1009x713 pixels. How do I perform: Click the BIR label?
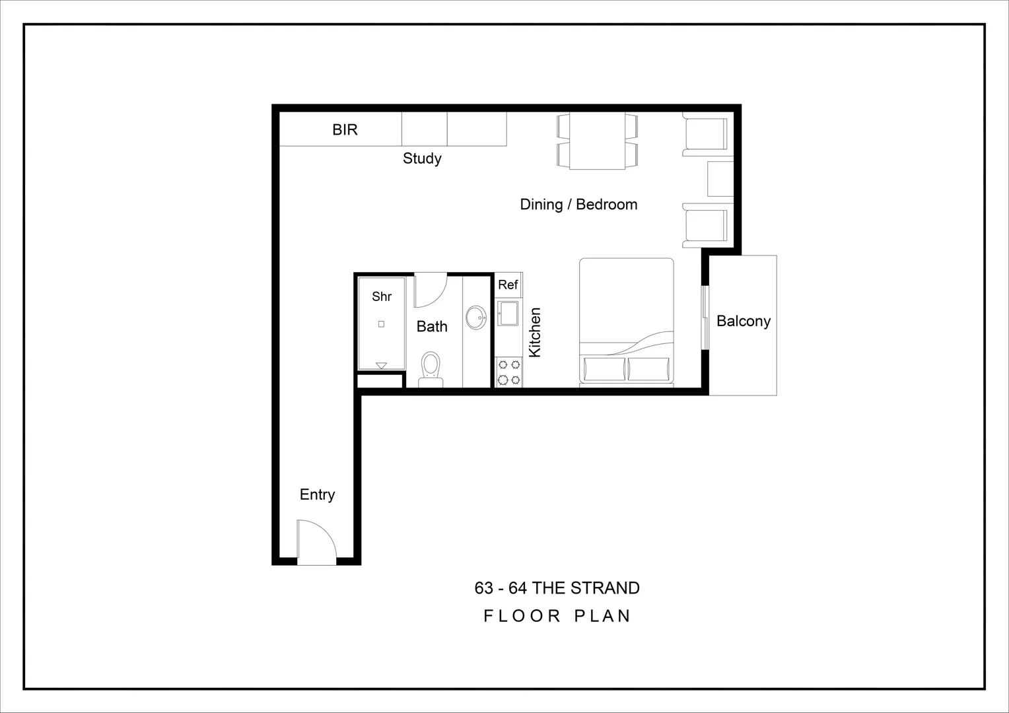click(x=345, y=129)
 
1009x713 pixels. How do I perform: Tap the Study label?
click(x=422, y=158)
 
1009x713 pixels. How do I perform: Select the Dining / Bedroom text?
click(x=578, y=205)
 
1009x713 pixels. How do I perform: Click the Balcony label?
click(x=744, y=322)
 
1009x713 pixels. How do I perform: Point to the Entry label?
click(x=317, y=494)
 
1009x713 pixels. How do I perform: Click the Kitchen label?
click(x=535, y=333)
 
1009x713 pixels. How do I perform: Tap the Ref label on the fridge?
click(x=508, y=285)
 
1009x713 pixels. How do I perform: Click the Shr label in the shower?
click(x=382, y=296)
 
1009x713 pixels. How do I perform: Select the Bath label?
click(x=432, y=327)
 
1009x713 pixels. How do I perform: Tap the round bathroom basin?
click(x=475, y=318)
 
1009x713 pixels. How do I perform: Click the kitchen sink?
click(x=508, y=313)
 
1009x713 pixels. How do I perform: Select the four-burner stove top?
click(x=508, y=372)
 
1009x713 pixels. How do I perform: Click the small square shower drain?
click(x=381, y=324)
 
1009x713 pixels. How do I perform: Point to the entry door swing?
click(x=316, y=543)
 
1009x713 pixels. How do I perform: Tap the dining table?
click(x=597, y=141)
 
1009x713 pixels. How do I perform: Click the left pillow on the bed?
click(x=604, y=369)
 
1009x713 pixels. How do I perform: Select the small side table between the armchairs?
click(x=720, y=179)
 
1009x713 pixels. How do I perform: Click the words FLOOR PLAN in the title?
click(x=557, y=616)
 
